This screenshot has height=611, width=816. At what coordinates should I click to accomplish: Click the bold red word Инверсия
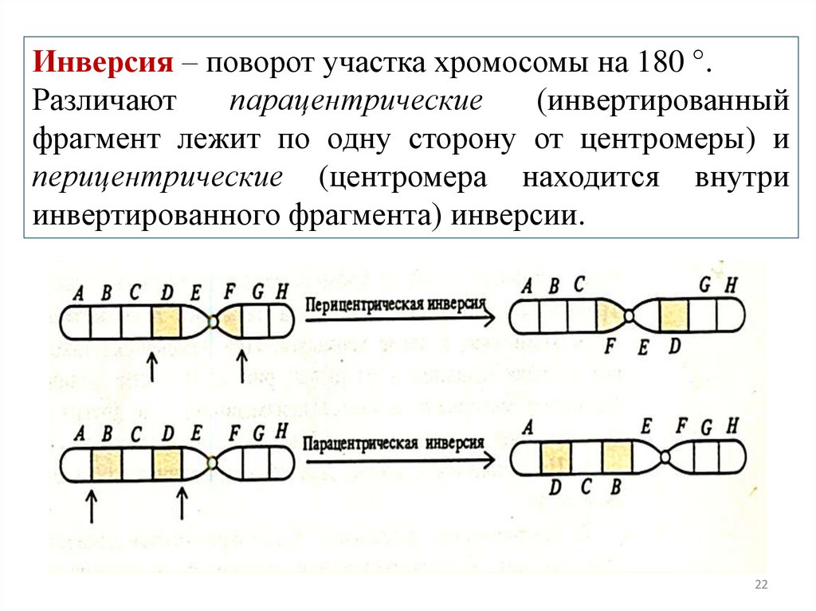click(102, 64)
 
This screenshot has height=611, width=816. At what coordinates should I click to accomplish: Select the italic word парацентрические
click(355, 103)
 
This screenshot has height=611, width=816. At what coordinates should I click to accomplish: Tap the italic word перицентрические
click(157, 177)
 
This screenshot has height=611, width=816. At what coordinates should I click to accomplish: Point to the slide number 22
click(760, 586)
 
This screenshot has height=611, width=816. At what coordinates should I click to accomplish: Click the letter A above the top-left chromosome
click(78, 292)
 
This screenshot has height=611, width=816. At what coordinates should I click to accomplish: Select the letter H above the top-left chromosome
click(281, 292)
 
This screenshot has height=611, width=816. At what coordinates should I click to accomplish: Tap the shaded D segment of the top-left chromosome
click(166, 322)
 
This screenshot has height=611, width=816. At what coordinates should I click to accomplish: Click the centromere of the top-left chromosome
click(212, 321)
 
